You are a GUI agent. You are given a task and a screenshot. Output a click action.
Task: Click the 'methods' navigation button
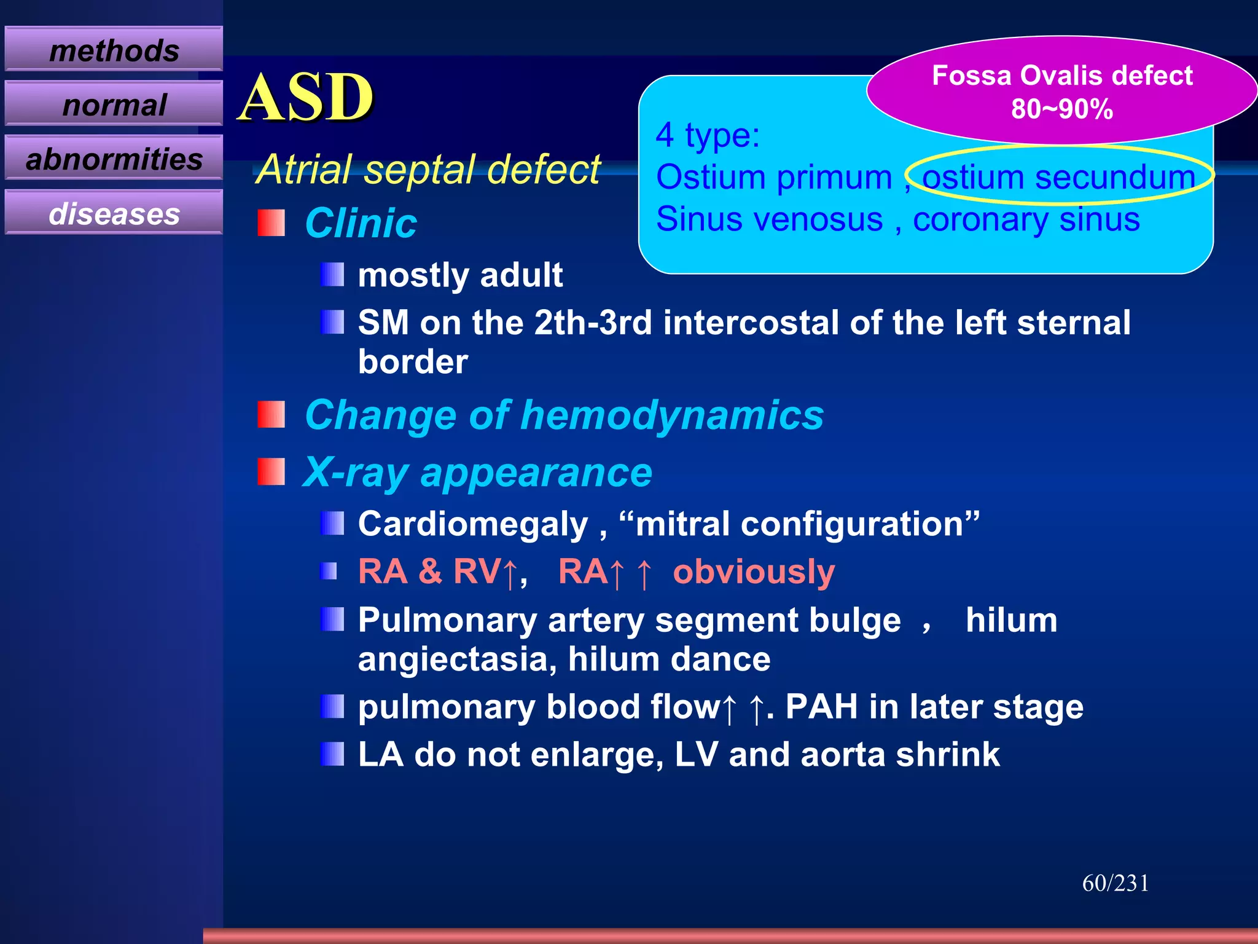click(114, 50)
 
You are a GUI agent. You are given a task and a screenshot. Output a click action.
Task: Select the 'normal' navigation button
click(114, 104)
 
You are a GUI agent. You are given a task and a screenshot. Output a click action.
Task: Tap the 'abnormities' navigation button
click(114, 159)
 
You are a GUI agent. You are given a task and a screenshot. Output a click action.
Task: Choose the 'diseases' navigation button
click(114, 214)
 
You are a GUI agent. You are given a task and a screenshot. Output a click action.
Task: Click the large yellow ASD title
click(305, 97)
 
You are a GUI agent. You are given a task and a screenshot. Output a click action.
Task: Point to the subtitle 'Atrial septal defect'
click(428, 169)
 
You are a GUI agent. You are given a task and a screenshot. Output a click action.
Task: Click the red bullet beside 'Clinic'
click(271, 223)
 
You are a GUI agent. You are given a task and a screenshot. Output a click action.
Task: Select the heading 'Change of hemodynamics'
click(563, 415)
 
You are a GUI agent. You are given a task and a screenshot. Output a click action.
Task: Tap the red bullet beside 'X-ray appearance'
click(271, 472)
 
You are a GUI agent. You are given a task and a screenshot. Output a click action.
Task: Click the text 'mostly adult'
click(460, 275)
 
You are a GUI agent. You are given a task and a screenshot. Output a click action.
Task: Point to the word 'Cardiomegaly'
click(473, 524)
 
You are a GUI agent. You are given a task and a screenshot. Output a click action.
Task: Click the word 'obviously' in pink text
click(754, 572)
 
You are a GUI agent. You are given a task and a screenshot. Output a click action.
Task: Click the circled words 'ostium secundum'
click(1058, 177)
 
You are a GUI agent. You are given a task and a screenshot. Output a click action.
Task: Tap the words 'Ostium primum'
click(773, 177)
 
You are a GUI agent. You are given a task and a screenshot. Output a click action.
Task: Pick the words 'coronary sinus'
click(1026, 219)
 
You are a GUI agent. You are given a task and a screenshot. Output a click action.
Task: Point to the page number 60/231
click(1115, 883)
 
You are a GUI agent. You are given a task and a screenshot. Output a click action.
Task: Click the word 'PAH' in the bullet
click(821, 707)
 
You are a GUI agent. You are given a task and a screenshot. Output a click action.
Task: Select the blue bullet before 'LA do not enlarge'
click(332, 754)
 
